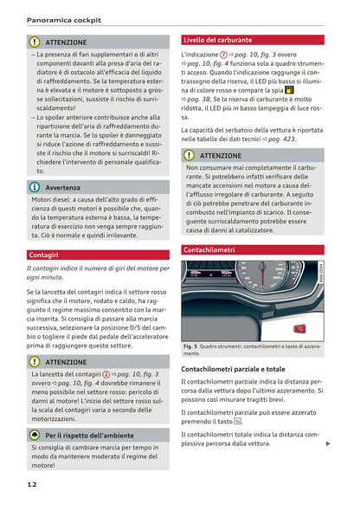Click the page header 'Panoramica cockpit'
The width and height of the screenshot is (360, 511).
63,19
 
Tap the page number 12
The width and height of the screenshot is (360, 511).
32,484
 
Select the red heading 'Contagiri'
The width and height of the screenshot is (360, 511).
44,255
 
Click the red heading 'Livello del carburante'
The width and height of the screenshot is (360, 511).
217,40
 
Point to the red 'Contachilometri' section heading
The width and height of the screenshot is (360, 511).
209,249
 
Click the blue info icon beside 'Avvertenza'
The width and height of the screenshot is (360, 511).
35,187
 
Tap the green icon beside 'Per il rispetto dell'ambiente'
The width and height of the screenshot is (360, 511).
35,435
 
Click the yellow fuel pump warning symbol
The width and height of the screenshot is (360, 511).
289,89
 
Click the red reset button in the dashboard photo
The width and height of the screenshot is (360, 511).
298,328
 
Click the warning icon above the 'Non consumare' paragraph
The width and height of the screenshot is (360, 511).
189,155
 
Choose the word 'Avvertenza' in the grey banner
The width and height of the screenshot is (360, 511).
63,187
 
